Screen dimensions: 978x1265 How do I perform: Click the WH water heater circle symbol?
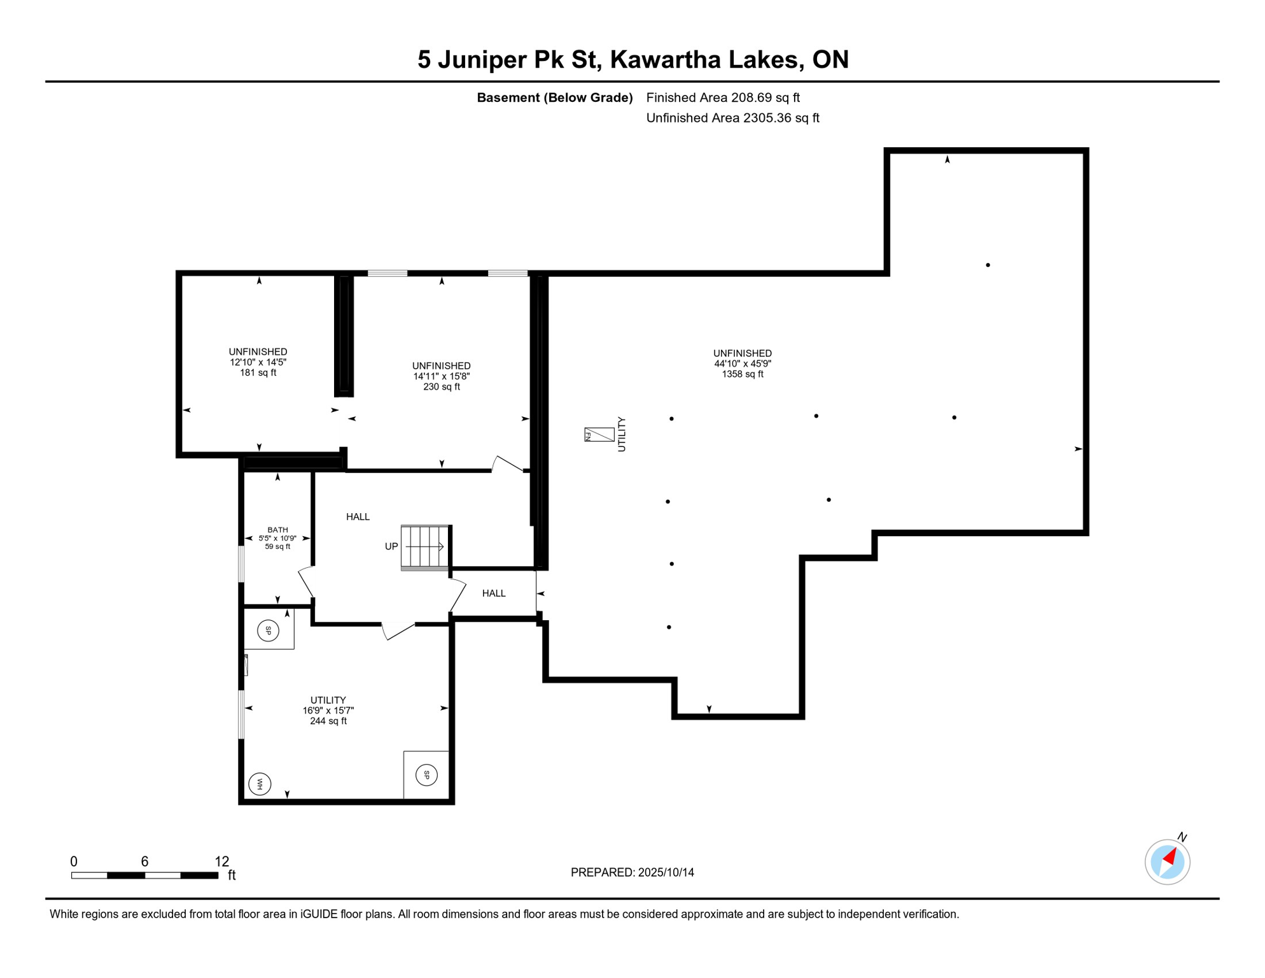(x=260, y=784)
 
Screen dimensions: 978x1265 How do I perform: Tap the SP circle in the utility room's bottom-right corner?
(x=426, y=775)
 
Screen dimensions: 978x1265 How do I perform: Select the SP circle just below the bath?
(x=268, y=631)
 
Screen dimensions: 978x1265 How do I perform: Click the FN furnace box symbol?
(x=599, y=435)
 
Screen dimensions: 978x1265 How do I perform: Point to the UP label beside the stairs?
(x=391, y=546)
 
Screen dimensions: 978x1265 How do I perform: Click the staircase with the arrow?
(x=424, y=546)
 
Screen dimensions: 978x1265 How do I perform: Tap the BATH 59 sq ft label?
(x=277, y=538)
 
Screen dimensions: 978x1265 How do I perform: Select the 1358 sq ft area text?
(x=742, y=374)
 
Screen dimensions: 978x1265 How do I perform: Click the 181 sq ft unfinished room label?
(x=258, y=372)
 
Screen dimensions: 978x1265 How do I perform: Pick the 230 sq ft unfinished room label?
(x=441, y=386)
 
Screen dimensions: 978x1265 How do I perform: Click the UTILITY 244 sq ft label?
(x=328, y=711)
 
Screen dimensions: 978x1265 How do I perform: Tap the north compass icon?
(x=1167, y=861)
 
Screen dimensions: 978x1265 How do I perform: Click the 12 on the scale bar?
(x=221, y=861)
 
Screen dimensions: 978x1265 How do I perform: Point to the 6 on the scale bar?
(x=144, y=861)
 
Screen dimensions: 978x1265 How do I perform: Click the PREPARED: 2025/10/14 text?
(x=632, y=872)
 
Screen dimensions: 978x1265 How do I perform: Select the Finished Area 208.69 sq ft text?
(x=723, y=97)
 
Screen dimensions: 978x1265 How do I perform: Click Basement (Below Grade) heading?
(x=554, y=97)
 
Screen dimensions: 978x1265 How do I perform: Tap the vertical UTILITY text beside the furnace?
(x=622, y=435)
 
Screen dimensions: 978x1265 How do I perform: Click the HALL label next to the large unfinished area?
(x=494, y=593)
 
